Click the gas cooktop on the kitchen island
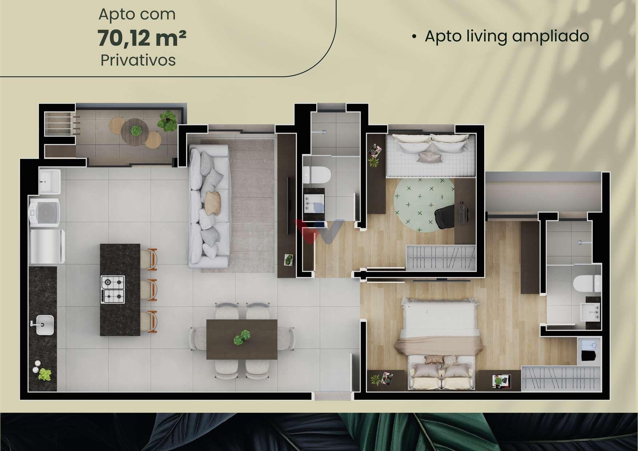coord(113,289)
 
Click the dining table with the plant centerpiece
coord(242,339)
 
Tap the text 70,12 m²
coord(142,39)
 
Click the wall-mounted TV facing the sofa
coord(289,205)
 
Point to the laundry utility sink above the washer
coord(50,181)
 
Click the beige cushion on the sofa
coord(213,203)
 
